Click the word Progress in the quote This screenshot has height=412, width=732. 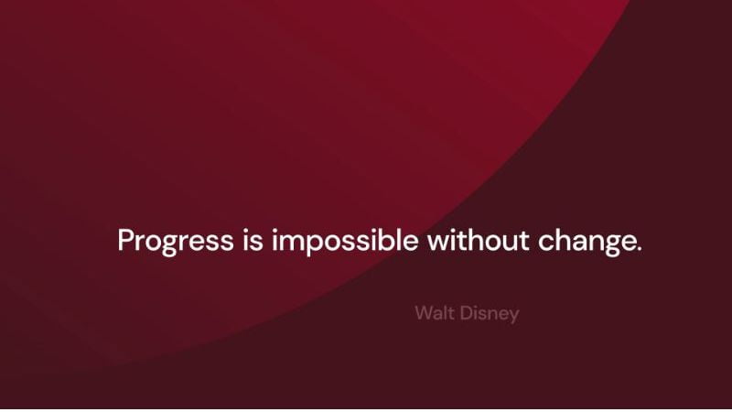point(176,242)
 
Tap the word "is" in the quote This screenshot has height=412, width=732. point(253,240)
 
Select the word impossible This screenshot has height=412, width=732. point(345,242)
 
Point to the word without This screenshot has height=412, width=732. point(478,240)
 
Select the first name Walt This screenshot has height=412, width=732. point(435,312)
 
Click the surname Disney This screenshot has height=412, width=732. point(490,314)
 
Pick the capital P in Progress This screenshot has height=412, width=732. point(126,240)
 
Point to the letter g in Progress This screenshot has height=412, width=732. point(168,244)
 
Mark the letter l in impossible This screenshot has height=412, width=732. point(404,240)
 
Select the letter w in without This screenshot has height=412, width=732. point(439,244)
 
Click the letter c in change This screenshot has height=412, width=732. point(545,244)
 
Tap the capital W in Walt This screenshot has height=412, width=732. point(425,312)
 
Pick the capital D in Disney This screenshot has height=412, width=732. point(467,312)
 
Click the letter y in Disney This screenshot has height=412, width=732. point(513,317)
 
